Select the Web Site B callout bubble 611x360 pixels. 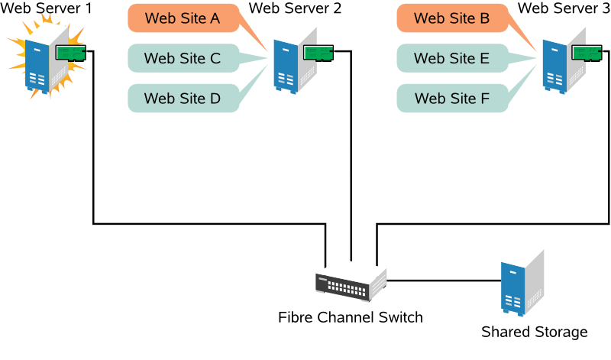click(451, 18)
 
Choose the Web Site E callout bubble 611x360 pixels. click(451, 57)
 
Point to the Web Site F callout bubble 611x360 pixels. click(451, 98)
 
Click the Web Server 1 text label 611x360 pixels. click(46, 9)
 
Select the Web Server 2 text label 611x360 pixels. click(296, 9)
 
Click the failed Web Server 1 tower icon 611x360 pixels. click(42, 65)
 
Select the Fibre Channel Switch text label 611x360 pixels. click(350, 316)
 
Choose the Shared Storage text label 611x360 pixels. click(534, 332)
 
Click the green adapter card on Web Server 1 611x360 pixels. click(71, 52)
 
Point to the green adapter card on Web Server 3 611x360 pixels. click(588, 52)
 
